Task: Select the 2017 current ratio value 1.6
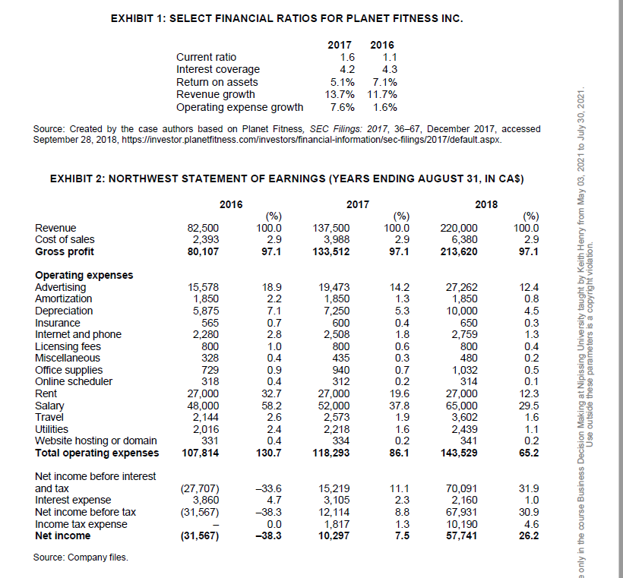pyautogui.click(x=347, y=57)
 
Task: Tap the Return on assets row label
pyautogui.click(x=217, y=82)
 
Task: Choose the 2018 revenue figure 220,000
pyautogui.click(x=460, y=227)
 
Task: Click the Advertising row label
pyautogui.click(x=61, y=287)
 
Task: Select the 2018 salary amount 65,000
pyautogui.click(x=463, y=405)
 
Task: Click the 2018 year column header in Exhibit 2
pyautogui.click(x=485, y=204)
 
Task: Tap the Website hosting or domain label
pyautogui.click(x=96, y=441)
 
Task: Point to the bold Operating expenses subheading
pyautogui.click(x=84, y=275)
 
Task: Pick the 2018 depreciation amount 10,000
pyautogui.click(x=463, y=311)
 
